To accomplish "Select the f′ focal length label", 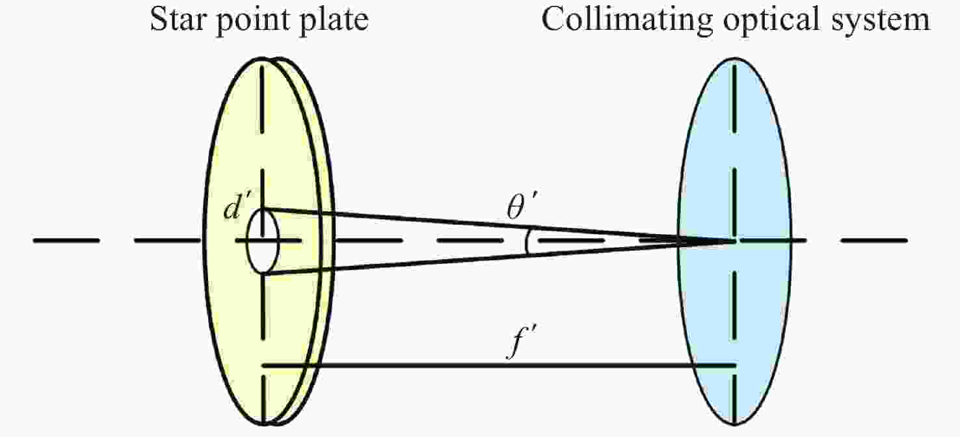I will coord(517,348).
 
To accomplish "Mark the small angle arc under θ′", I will coord(527,241).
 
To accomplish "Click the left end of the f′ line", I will coord(263,365).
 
